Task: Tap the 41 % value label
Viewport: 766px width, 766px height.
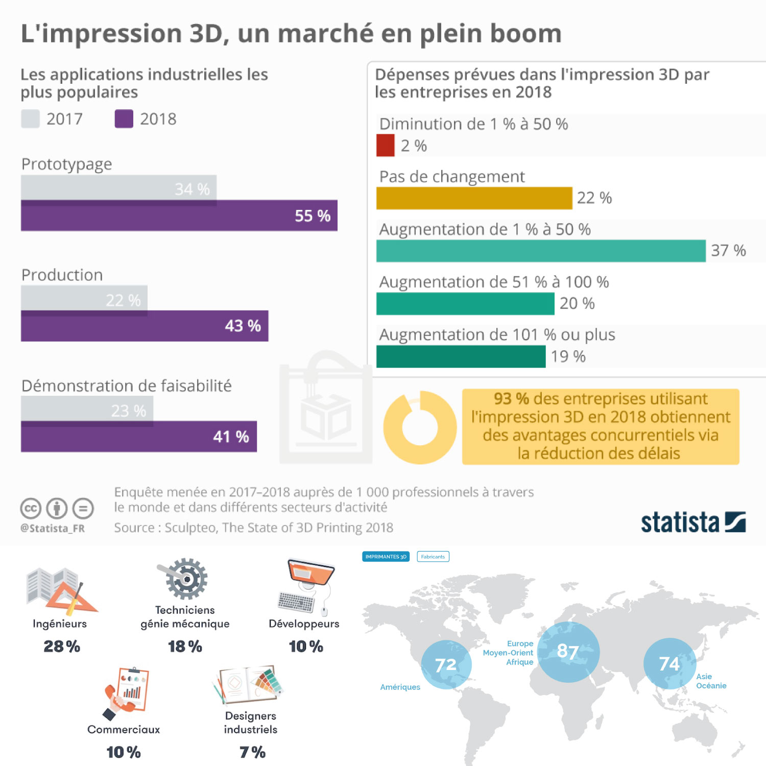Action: coord(231,437)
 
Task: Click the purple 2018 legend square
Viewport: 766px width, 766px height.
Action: coord(124,119)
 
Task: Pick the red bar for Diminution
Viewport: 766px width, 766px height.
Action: coord(385,145)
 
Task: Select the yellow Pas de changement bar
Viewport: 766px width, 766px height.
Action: coord(474,198)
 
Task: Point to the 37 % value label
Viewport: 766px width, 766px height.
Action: coord(728,251)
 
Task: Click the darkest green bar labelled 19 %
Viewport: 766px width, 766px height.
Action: coord(461,356)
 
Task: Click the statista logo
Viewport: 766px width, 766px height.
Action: coord(693,522)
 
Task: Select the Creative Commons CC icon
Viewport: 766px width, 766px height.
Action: coord(31,508)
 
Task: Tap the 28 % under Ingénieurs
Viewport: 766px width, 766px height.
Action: coord(62,647)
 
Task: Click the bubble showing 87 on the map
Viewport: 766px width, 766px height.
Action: coord(568,652)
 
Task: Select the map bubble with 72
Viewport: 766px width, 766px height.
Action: coord(446,664)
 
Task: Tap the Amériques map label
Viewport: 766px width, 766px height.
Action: coord(400,687)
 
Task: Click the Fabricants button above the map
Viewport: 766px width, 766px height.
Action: coord(433,557)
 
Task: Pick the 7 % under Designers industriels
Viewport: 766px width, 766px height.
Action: coord(252,752)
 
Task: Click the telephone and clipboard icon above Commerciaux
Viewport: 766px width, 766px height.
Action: coord(126,692)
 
